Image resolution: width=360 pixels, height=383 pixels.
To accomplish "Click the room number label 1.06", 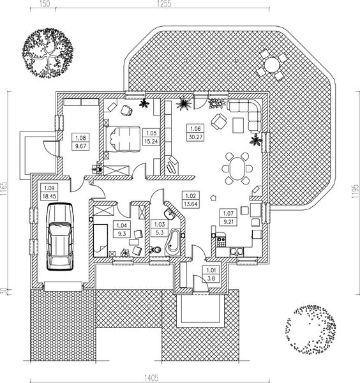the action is pos(195,128).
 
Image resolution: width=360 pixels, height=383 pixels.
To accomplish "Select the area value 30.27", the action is pos(195,137).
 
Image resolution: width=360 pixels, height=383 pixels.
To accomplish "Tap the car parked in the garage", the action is pos(60,237).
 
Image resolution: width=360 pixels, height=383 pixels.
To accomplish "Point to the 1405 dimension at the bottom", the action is pos(151,378).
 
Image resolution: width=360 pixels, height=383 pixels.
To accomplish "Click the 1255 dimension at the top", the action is pos(164,4).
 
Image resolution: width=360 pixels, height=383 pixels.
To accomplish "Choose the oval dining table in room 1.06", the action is pos(237,169).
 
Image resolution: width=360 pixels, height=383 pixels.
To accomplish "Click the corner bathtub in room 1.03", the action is pos(173,243).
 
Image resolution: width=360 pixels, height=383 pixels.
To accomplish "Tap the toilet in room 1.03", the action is pos(156,250).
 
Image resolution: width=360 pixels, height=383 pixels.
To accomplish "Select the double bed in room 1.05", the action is pos(122,139).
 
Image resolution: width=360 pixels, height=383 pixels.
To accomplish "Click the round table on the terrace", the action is pos(272,64).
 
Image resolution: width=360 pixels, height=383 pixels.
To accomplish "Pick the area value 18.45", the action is pos(49,196).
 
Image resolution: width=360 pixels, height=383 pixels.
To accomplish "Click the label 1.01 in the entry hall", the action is pos(211,271).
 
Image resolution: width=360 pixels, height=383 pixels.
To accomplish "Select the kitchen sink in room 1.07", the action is pos(237,252).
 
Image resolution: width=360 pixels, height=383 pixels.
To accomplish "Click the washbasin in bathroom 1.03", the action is pos(169,215).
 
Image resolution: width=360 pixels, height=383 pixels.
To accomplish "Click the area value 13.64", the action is pos(191,204).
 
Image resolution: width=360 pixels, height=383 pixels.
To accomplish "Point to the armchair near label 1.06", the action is pos(219,121).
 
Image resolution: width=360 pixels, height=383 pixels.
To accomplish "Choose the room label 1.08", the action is pos(80,138).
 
